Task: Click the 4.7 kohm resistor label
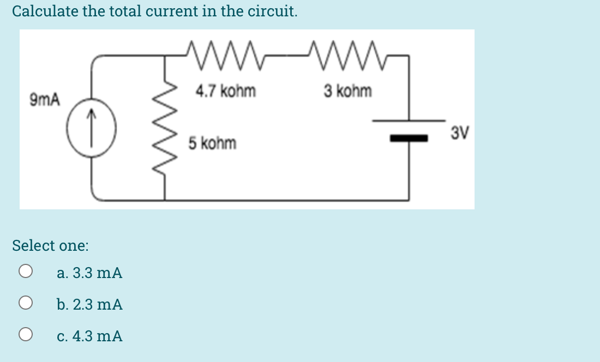coord(225,91)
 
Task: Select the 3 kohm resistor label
coord(347,91)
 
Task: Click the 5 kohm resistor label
coord(212,144)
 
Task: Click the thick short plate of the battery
coord(409,139)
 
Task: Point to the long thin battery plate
coord(409,120)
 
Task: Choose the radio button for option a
coord(25,272)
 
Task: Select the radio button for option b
coord(25,304)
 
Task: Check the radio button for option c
coord(25,335)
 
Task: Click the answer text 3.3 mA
coord(89,273)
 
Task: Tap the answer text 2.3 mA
coord(89,304)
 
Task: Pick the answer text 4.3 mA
coord(89,336)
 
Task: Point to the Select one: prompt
coord(50,246)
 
